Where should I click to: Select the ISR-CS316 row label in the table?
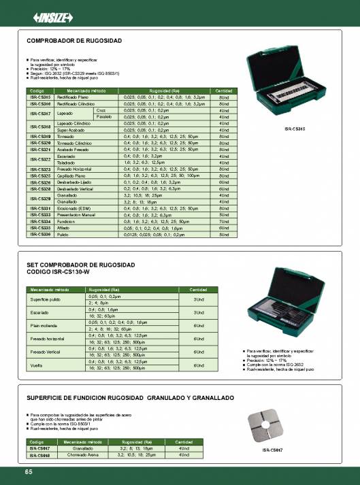click(40, 104)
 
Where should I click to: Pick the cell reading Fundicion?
click(66, 222)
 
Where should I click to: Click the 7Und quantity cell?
click(224, 222)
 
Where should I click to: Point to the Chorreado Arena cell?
click(80, 454)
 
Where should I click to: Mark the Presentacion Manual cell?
click(75, 214)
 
